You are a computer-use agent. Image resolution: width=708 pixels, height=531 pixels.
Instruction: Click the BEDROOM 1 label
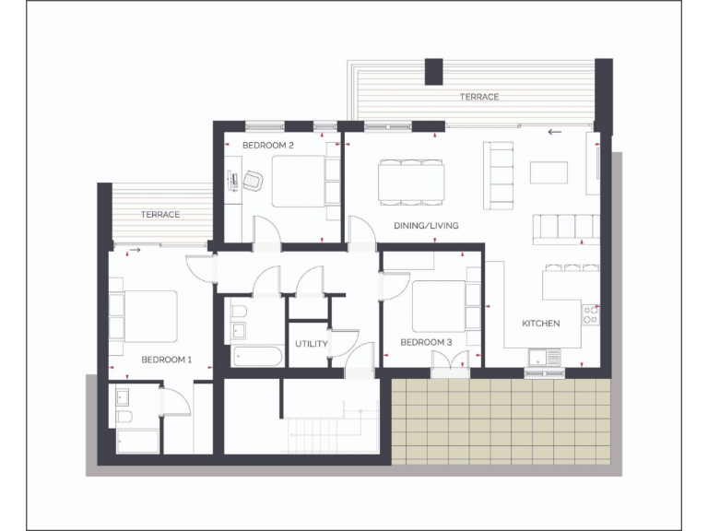[166, 359]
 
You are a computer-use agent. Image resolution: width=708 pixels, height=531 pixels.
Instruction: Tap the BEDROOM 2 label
[268, 146]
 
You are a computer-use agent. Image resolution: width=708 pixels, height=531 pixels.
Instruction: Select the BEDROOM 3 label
[426, 343]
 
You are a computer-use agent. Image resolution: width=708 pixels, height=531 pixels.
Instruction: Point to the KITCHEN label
[541, 324]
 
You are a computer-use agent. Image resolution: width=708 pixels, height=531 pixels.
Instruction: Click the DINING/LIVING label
[426, 226]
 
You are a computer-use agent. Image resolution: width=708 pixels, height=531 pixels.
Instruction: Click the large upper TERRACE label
[479, 97]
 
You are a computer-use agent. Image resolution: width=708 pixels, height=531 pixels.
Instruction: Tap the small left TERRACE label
[159, 215]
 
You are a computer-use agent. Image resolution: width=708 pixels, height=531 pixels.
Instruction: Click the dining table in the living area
[411, 181]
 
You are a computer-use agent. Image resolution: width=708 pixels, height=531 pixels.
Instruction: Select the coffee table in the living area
[549, 172]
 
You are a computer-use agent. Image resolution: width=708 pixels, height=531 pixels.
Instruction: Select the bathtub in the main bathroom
[257, 356]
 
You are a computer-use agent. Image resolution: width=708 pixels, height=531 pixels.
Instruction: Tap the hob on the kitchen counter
[591, 315]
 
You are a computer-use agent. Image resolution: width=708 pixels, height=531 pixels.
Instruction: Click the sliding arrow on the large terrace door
[554, 132]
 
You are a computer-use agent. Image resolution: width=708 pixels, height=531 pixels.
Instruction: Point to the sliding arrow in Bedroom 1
[135, 250]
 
